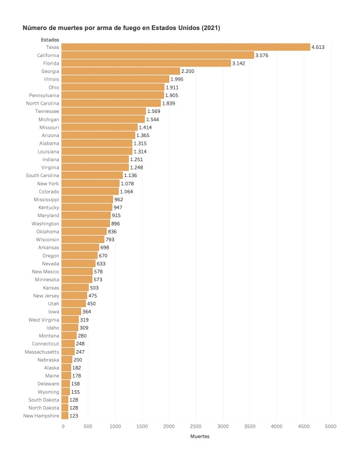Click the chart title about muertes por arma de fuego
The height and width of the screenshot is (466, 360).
pyautogui.click(x=121, y=28)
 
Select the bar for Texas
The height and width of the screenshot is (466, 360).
pyautogui.click(x=185, y=47)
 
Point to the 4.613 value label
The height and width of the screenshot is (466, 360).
pyautogui.click(x=318, y=47)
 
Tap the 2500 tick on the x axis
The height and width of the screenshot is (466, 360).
pyautogui.click(x=196, y=425)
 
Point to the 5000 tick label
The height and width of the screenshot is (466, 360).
pyautogui.click(x=331, y=425)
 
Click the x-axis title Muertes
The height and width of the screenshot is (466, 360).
pyautogui.click(x=196, y=437)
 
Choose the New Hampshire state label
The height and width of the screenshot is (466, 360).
pyautogui.click(x=42, y=415)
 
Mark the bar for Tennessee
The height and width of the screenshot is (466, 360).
pyautogui.click(x=104, y=111)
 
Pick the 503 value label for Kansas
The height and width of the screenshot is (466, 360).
pyautogui.click(x=95, y=288)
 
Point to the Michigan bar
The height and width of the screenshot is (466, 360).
pyautogui.click(x=103, y=119)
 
